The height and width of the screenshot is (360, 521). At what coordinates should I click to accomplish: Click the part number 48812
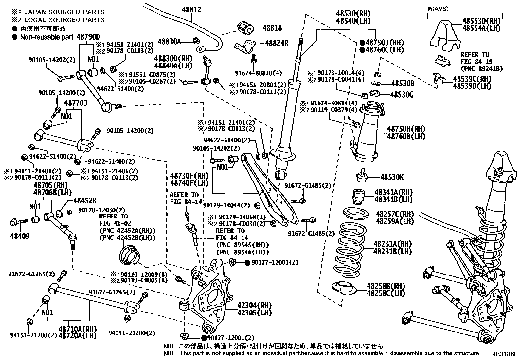192,10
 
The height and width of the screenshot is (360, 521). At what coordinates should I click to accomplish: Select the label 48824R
277,43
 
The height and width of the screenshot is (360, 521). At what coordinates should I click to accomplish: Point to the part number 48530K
392,177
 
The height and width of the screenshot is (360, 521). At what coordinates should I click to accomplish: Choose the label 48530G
402,95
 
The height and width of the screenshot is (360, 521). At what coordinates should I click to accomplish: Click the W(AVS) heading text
438,9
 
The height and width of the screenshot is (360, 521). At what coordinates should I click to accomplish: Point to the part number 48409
20,236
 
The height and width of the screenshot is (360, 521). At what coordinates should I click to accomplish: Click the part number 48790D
88,37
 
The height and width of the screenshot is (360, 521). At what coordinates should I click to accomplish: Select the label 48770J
76,103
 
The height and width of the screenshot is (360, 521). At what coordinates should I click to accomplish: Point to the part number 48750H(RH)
406,129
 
